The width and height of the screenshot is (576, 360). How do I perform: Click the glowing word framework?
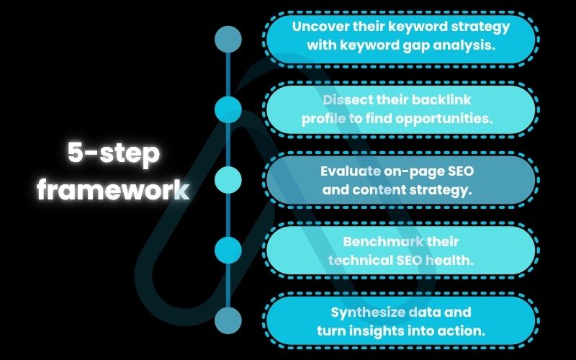click(114, 190)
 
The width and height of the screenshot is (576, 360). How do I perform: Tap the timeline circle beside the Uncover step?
click(228, 40)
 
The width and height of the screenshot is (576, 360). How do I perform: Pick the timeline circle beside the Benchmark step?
click(228, 250)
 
